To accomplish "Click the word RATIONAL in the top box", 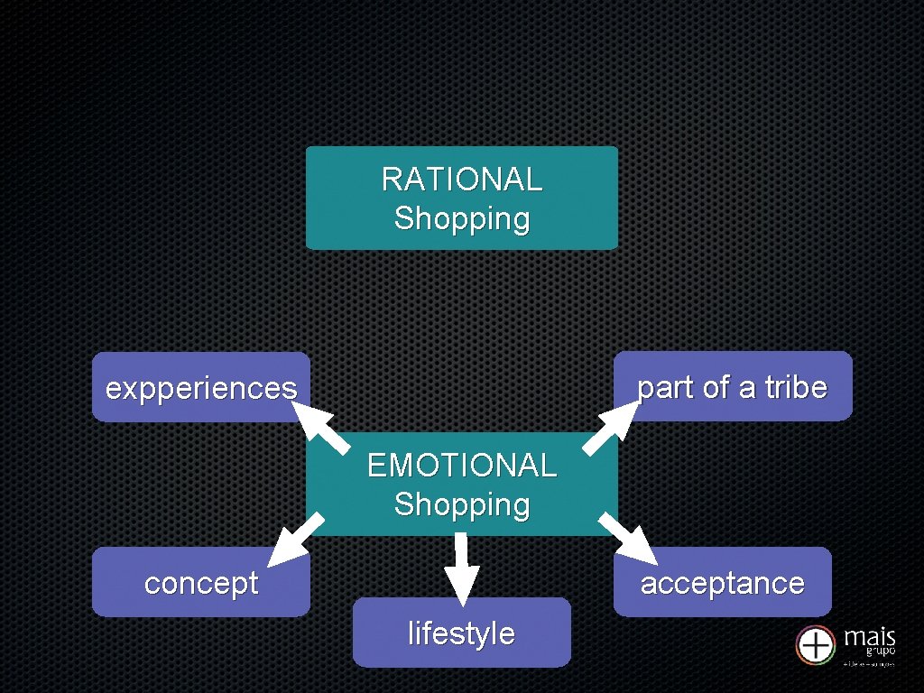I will pos(461,180).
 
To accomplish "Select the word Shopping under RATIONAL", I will pos(461,218).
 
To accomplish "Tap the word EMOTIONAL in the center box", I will pos(461,466).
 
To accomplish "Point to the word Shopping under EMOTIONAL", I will pos(461,504).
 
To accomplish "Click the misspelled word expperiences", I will pos(200,388).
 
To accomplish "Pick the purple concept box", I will pos(200,582).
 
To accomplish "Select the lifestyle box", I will pos(461,633).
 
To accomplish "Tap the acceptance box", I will pos(722,582).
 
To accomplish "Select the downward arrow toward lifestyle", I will pos(462,567).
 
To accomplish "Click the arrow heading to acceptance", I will pos(627,539).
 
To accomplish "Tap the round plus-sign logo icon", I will pos(815,645).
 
